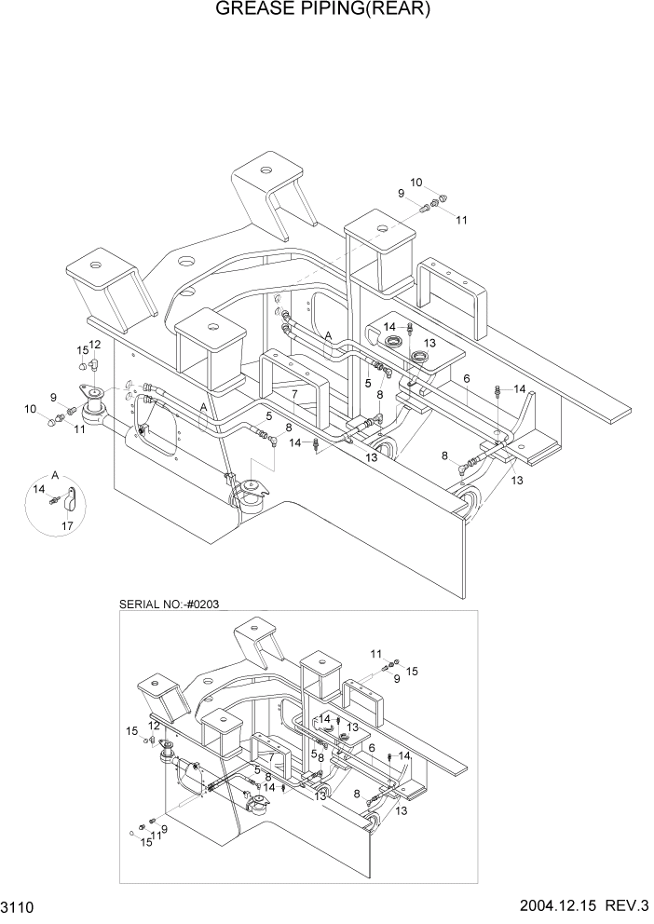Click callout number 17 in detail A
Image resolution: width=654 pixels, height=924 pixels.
67,526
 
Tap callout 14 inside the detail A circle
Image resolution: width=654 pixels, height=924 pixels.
39,488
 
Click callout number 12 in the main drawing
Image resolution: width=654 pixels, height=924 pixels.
95,346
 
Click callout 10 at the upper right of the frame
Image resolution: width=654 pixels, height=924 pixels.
416,183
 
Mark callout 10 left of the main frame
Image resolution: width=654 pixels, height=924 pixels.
32,409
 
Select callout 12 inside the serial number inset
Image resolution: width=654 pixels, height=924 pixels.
154,726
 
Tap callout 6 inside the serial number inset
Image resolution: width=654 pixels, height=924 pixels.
372,748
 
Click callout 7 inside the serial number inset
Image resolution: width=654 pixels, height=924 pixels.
271,758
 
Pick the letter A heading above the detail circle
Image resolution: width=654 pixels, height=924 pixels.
56,474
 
